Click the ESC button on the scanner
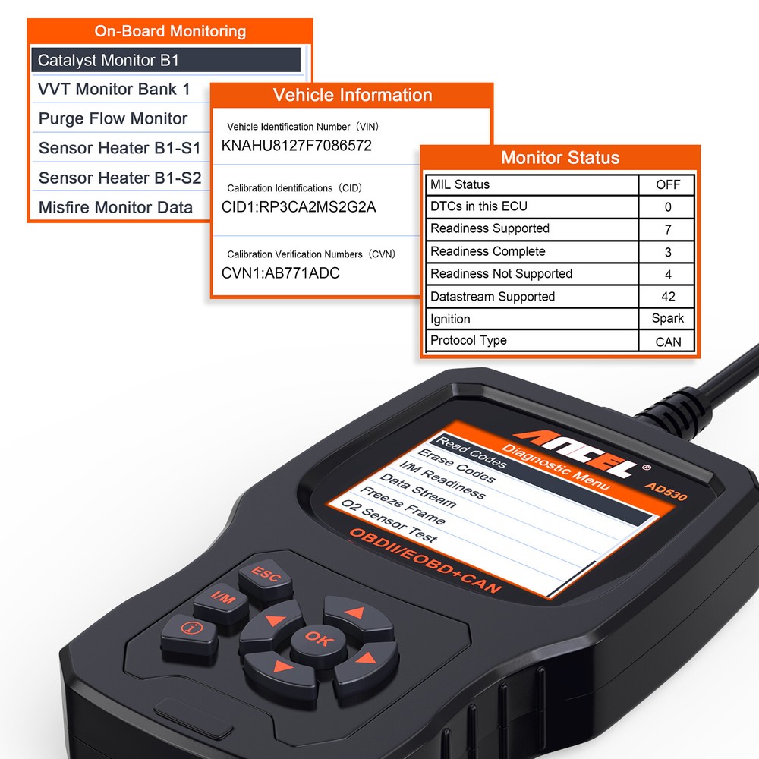click(266, 575)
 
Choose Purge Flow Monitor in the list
click(113, 119)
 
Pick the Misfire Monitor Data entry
click(115, 207)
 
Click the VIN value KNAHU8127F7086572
click(297, 146)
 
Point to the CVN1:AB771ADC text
click(281, 273)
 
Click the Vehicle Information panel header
click(352, 96)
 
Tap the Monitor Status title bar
click(560, 158)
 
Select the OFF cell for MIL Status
click(668, 184)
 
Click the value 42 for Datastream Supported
click(668, 297)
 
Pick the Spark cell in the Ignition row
click(668, 319)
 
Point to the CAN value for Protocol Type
click(668, 342)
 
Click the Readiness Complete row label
click(488, 251)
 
